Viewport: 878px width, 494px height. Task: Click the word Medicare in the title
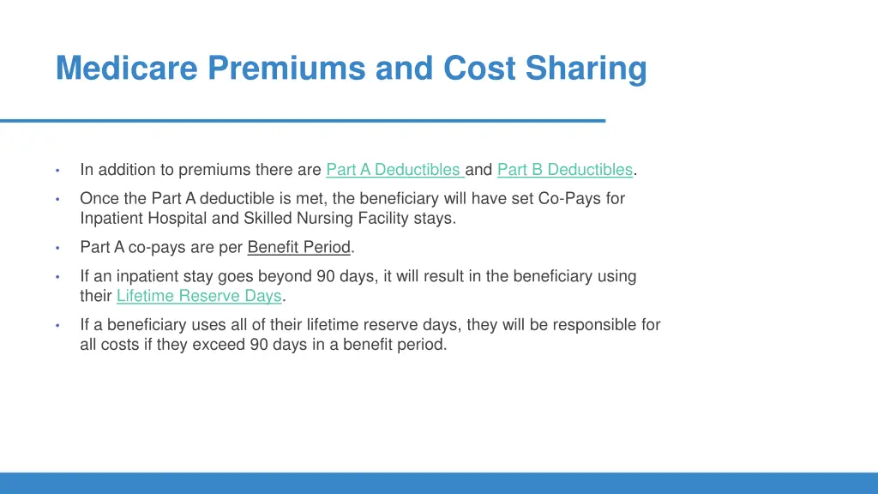click(x=127, y=69)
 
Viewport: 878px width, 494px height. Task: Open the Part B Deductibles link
click(x=564, y=170)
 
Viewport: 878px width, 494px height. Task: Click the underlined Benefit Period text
click(x=299, y=248)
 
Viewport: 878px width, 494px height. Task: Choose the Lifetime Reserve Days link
click(x=199, y=297)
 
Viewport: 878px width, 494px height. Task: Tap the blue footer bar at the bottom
click(x=439, y=483)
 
